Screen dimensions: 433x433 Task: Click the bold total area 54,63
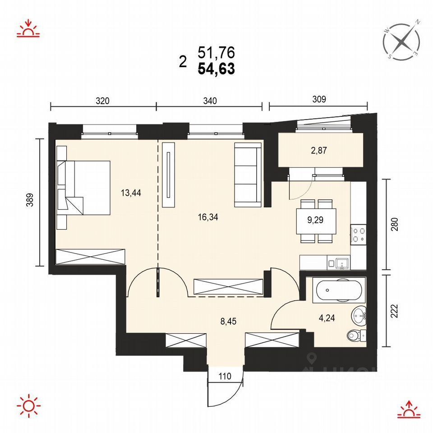216,69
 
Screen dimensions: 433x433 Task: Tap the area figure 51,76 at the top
216,52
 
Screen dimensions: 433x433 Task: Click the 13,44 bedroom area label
131,193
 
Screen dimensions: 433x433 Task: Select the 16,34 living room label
208,217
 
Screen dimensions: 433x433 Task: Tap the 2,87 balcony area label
319,151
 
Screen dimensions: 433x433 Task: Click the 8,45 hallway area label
228,321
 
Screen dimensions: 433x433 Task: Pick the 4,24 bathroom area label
327,318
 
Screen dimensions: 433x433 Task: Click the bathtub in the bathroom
339,290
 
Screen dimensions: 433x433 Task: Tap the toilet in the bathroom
356,336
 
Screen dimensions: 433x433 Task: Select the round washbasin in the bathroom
359,315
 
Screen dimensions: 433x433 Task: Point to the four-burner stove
359,235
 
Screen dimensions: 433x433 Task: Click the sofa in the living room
248,175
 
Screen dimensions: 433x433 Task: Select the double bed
84,188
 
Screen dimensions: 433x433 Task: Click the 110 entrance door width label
225,376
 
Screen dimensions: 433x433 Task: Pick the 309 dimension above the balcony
319,99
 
